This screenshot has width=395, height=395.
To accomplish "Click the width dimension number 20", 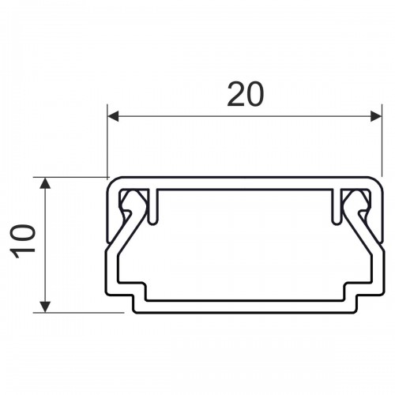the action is [245, 94].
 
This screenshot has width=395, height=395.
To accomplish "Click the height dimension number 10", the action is [23, 241].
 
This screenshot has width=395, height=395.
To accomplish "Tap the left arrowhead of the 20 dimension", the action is [113, 116].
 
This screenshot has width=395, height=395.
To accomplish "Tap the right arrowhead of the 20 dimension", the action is [376, 116].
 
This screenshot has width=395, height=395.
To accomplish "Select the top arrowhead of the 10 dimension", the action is [45, 183].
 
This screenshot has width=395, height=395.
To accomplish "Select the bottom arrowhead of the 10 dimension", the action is [45, 307].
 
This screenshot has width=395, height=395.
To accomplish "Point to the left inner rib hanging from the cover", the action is [153, 207].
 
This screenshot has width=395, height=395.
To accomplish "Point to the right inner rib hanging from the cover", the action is [337, 207].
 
